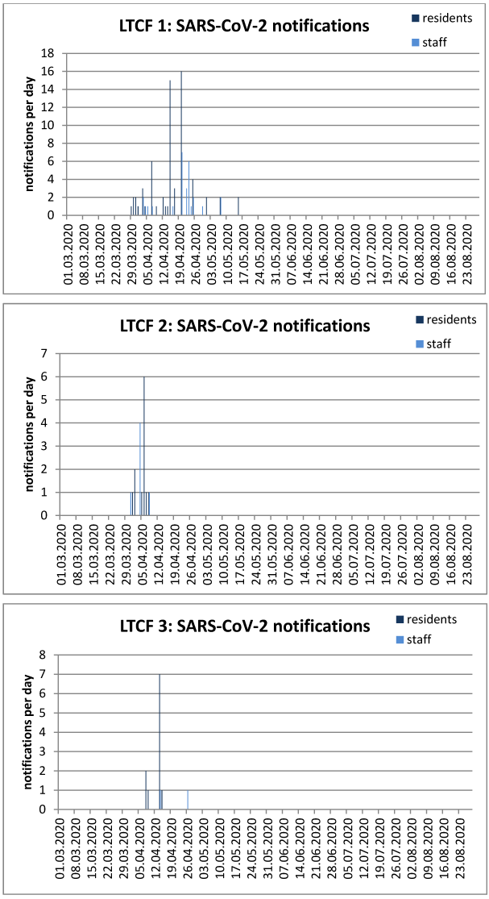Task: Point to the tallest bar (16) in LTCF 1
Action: click(181, 145)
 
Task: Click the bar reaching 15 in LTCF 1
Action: click(170, 149)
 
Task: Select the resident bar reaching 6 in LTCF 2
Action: click(144, 447)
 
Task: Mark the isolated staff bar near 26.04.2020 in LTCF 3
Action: click(188, 800)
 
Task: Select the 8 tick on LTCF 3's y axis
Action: click(54, 655)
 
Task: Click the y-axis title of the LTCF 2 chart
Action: click(31, 435)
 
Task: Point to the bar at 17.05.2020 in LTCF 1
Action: click(238, 206)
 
